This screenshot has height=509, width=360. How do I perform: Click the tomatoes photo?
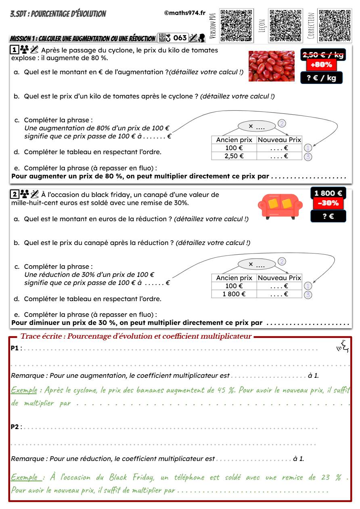tap(271, 66)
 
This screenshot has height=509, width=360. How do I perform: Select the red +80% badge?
tap(321, 65)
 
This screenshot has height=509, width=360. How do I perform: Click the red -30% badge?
tap(328, 203)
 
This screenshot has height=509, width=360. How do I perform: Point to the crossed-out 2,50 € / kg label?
tap(323, 55)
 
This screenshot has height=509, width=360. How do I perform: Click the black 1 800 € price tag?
tap(328, 193)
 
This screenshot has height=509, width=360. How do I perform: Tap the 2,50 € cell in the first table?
tap(234, 156)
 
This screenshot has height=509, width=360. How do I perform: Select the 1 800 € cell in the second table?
tap(234, 294)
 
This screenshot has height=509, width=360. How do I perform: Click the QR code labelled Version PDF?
tap(236, 25)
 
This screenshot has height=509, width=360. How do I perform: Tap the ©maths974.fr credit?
tap(185, 13)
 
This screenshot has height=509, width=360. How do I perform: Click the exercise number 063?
tap(180, 38)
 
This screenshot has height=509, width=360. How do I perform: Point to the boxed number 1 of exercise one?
tap(14, 50)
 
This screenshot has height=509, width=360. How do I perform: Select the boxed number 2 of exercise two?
tap(14, 195)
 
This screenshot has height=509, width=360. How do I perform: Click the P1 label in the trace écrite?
tap(15, 348)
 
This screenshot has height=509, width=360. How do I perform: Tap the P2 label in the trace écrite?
tap(15, 427)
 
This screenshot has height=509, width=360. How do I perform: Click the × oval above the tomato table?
tap(257, 126)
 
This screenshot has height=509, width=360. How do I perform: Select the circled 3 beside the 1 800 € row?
tap(308, 295)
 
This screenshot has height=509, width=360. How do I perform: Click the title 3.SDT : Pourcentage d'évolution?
tap(58, 14)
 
